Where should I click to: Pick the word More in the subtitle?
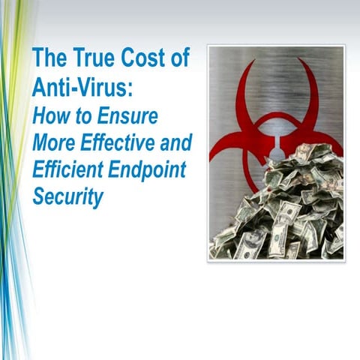(53, 142)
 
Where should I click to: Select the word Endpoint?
(149, 169)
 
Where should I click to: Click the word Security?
(67, 197)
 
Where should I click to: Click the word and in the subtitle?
(177, 142)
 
